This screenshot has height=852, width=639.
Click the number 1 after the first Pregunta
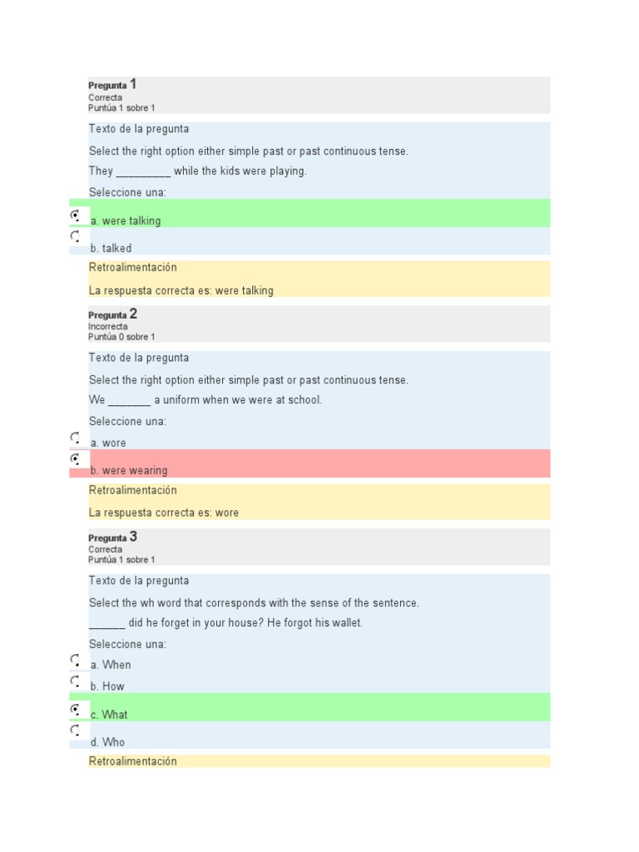[133, 84]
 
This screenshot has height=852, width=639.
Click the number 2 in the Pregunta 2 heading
[133, 314]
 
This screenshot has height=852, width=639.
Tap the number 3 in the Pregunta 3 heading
[133, 537]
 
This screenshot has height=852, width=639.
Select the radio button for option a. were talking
[75, 215]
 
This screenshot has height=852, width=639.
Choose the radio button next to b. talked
[75, 236]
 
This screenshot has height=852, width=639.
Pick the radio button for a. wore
[75, 437]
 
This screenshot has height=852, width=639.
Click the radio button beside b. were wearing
[75, 458]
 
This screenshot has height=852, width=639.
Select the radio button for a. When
[75, 660]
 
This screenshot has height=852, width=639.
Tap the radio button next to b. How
[75, 681]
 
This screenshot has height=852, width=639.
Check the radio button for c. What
[75, 709]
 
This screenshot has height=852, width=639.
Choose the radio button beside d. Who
[75, 731]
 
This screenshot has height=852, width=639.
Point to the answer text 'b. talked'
[111, 248]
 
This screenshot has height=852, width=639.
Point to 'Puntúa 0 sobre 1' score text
[121, 337]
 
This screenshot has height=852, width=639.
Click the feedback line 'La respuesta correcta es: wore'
[163, 513]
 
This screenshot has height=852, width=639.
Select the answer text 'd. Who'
[107, 742]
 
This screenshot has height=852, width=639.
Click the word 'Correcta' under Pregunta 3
[106, 549]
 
